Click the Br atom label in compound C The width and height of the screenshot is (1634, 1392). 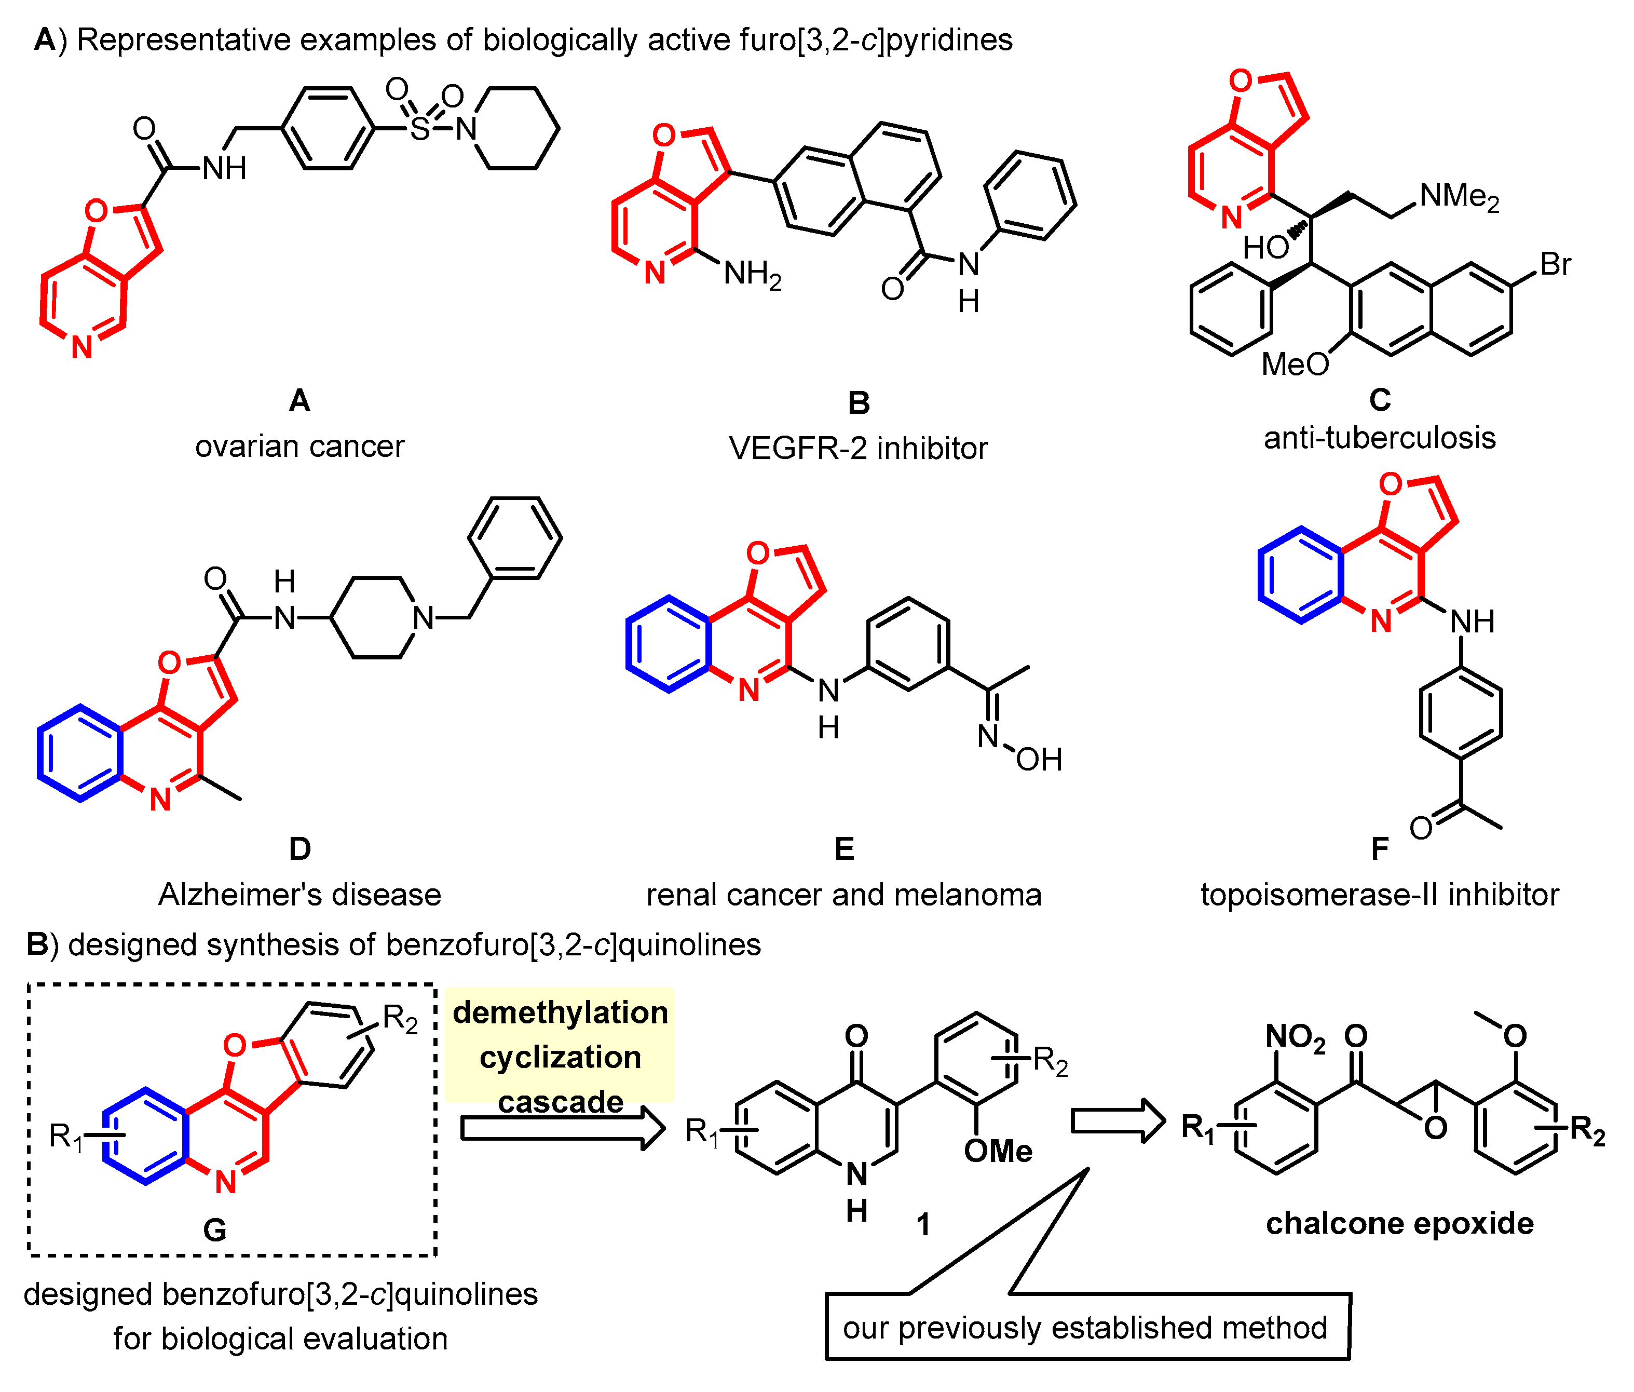(1555, 264)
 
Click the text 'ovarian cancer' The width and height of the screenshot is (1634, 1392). (299, 447)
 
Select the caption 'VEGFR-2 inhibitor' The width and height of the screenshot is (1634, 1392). (858, 448)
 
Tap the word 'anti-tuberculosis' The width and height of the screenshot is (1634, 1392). (1379, 438)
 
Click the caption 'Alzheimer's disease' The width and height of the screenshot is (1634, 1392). (299, 895)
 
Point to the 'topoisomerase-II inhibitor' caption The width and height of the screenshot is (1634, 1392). (1379, 895)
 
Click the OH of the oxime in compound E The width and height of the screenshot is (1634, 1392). (1039, 760)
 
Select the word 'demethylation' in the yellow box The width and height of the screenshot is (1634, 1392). (560, 1012)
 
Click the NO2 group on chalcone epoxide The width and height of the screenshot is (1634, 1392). (1295, 1036)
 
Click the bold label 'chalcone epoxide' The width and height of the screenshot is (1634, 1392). (1400, 1223)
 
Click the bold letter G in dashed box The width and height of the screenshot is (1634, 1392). (214, 1229)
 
